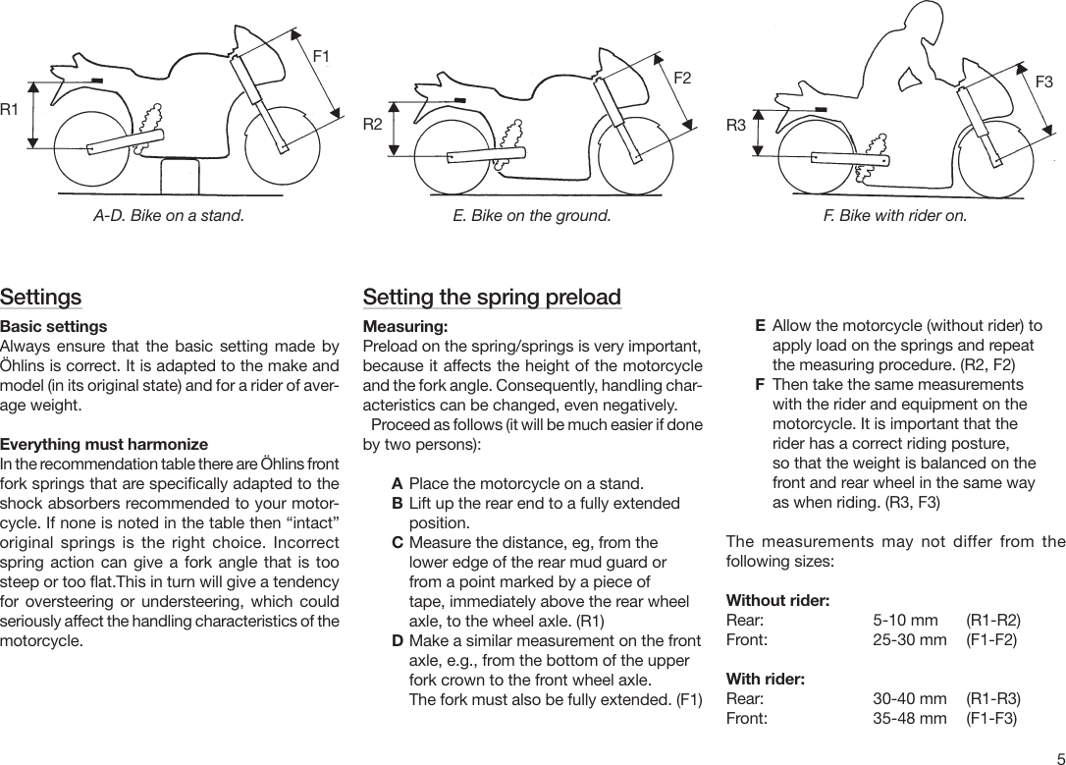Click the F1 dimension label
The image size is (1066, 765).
point(321,56)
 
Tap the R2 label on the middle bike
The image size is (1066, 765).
point(372,124)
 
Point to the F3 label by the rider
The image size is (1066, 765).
point(1044,82)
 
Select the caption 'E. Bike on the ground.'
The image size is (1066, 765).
point(531,215)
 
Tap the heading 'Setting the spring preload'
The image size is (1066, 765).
point(492,297)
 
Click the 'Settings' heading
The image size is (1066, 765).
point(41,297)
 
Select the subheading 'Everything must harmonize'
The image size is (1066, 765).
point(104,445)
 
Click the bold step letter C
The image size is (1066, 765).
point(397,543)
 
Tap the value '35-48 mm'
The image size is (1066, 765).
point(909,719)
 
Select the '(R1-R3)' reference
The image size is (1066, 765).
point(992,699)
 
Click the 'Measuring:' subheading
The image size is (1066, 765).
point(405,326)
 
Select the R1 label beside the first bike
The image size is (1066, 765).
point(10,109)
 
